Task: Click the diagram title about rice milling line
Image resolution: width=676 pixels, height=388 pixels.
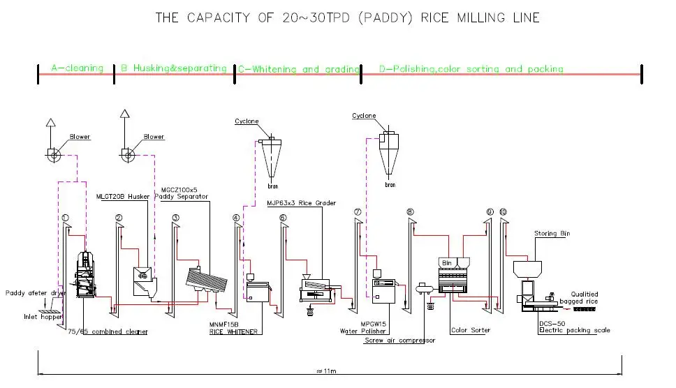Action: coord(347,18)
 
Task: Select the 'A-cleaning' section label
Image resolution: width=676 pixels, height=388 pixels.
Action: coord(77,68)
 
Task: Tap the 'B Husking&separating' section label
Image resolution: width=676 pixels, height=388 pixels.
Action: coord(173,68)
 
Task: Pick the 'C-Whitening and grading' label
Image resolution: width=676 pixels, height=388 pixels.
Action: coord(299,69)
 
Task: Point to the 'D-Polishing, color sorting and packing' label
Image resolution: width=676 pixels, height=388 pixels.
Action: coord(471,69)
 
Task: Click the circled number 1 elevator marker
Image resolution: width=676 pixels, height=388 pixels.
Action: coord(65,218)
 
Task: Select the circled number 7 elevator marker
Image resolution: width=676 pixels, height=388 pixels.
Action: coord(357,211)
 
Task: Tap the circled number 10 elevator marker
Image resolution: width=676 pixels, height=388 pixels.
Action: coord(503,211)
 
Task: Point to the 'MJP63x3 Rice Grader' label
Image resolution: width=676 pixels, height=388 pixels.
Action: coord(301,203)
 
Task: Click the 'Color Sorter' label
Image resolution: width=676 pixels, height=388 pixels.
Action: coord(471,330)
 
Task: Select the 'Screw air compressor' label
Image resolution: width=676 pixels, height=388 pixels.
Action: coord(400,341)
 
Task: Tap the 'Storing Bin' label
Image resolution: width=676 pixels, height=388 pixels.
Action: coord(552,234)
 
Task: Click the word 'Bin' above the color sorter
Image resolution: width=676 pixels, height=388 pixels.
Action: coord(448,262)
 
